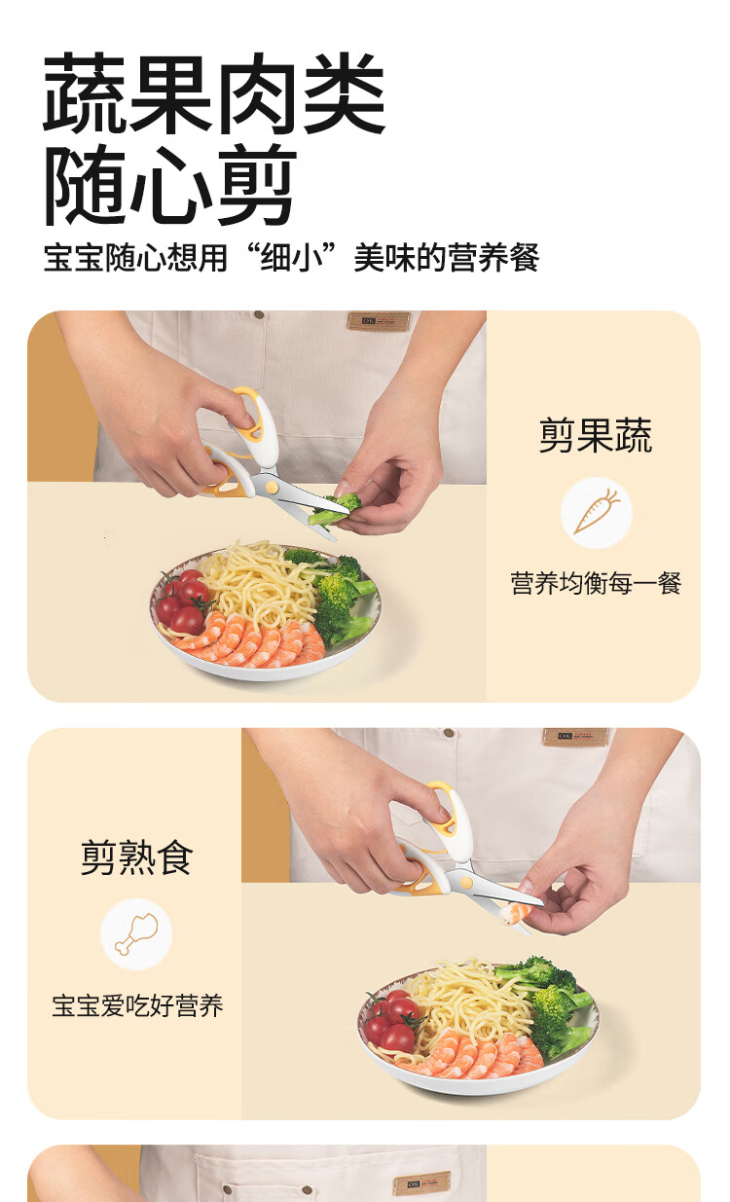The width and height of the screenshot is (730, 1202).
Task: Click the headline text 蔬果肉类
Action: (214, 93)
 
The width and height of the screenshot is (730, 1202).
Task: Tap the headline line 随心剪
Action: (170, 184)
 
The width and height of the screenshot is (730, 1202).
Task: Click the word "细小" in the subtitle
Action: (291, 257)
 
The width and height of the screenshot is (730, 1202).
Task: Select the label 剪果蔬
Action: (596, 435)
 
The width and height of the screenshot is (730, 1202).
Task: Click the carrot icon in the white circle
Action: (597, 511)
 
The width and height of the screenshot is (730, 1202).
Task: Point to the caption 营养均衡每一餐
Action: (596, 583)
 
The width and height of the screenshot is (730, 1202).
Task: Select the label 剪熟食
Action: (137, 857)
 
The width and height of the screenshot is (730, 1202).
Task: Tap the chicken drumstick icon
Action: (136, 933)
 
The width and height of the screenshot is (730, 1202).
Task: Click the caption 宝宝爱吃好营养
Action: (137, 1005)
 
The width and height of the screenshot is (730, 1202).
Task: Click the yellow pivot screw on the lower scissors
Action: (467, 882)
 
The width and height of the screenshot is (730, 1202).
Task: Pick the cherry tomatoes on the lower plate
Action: (391, 1021)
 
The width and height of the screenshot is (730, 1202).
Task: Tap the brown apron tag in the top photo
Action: (379, 321)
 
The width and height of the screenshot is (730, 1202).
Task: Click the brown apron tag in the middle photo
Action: (575, 736)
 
